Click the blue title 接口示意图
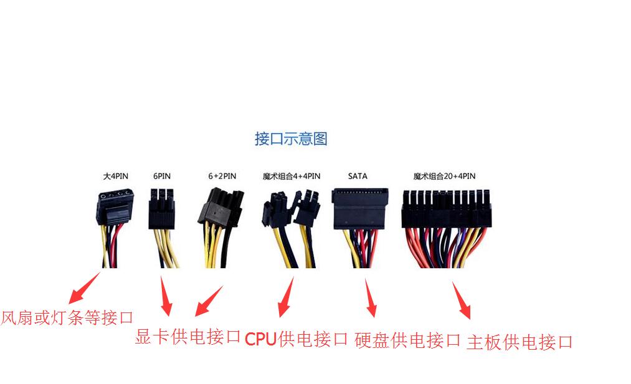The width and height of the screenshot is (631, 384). (x=290, y=139)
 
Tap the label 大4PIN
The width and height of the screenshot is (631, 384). (x=115, y=176)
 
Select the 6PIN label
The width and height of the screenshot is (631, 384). (x=162, y=176)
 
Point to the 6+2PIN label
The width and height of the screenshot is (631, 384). (x=222, y=176)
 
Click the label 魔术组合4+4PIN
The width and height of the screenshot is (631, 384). (x=292, y=176)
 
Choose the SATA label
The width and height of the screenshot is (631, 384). (x=358, y=176)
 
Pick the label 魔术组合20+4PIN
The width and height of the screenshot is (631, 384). (x=444, y=176)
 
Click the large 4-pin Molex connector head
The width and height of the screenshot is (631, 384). (x=115, y=207)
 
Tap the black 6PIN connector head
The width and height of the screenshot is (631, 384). (x=162, y=209)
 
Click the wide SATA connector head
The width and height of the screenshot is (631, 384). (x=360, y=208)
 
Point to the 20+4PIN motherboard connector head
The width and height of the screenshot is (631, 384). (x=446, y=209)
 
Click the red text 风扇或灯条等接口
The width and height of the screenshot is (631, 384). (x=67, y=317)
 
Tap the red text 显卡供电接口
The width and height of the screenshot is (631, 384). (x=187, y=337)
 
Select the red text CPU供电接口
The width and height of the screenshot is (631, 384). (x=296, y=339)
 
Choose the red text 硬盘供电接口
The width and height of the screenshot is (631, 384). (x=407, y=340)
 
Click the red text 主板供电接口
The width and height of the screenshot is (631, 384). (x=520, y=342)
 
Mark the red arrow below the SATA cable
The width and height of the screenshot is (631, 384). (x=371, y=298)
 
